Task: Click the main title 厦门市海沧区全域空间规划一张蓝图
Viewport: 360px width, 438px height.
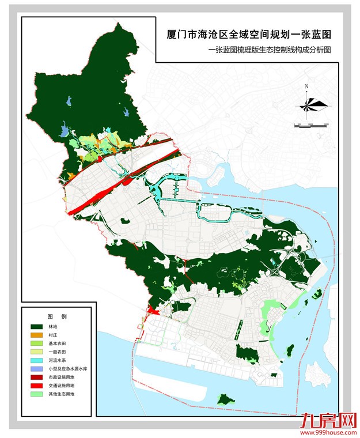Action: [x=249, y=36]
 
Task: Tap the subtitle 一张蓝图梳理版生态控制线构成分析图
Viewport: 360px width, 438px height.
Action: [x=271, y=51]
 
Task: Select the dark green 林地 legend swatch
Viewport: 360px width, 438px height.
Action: [x=38, y=326]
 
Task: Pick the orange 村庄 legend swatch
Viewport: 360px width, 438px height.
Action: [x=38, y=335]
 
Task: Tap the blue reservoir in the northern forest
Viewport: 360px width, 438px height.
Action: [x=70, y=102]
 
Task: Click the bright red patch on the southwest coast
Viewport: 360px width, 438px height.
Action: [x=153, y=311]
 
